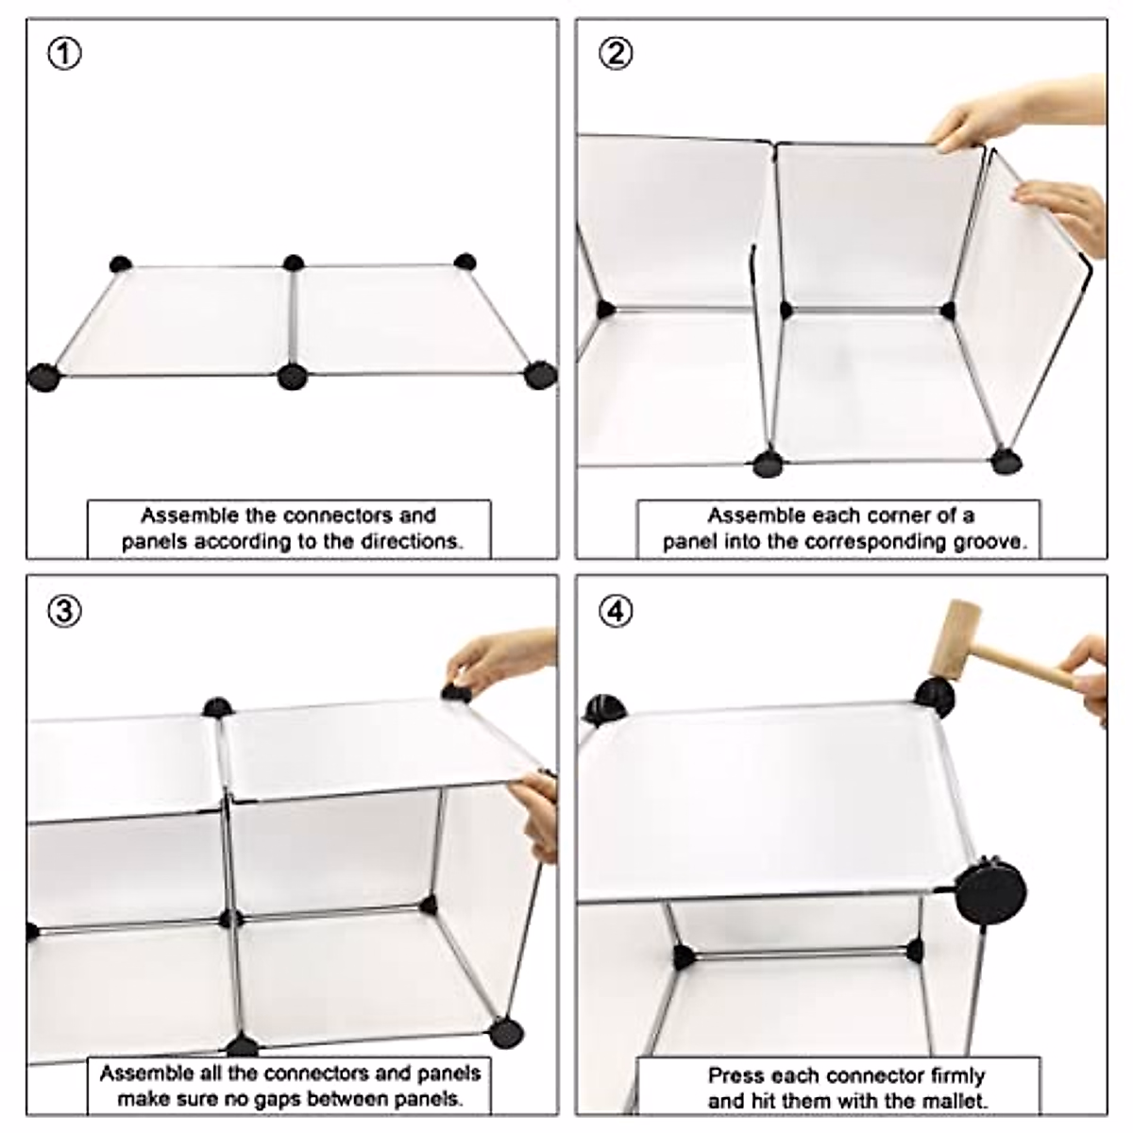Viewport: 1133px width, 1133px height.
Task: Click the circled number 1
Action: pos(65,55)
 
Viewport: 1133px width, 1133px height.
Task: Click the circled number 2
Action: pos(616,55)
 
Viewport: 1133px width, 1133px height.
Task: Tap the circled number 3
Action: pos(65,612)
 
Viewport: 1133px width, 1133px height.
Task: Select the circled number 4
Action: pos(616,612)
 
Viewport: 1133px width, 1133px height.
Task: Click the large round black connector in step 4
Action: pos(990,893)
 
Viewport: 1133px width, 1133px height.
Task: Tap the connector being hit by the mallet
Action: pos(935,698)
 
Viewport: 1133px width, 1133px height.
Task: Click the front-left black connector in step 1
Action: pos(43,378)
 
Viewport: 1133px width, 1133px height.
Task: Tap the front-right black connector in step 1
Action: pos(540,375)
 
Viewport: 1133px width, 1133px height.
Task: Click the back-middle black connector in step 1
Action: pos(294,262)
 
